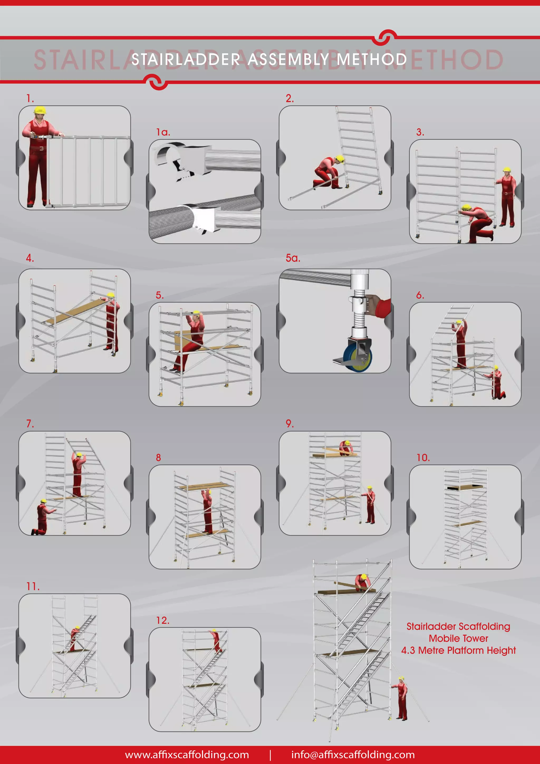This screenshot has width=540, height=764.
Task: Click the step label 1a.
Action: pos(163,132)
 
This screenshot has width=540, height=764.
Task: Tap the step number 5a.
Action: pos(293,258)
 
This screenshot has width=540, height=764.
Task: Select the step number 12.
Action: pos(163,620)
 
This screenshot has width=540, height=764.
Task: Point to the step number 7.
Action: pos(30,424)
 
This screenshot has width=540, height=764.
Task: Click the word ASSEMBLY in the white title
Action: pos(288,59)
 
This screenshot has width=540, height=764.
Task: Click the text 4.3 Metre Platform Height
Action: pos(458,650)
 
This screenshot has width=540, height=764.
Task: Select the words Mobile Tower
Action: pos(458,638)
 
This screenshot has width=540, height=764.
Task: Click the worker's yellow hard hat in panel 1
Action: pos(40,110)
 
